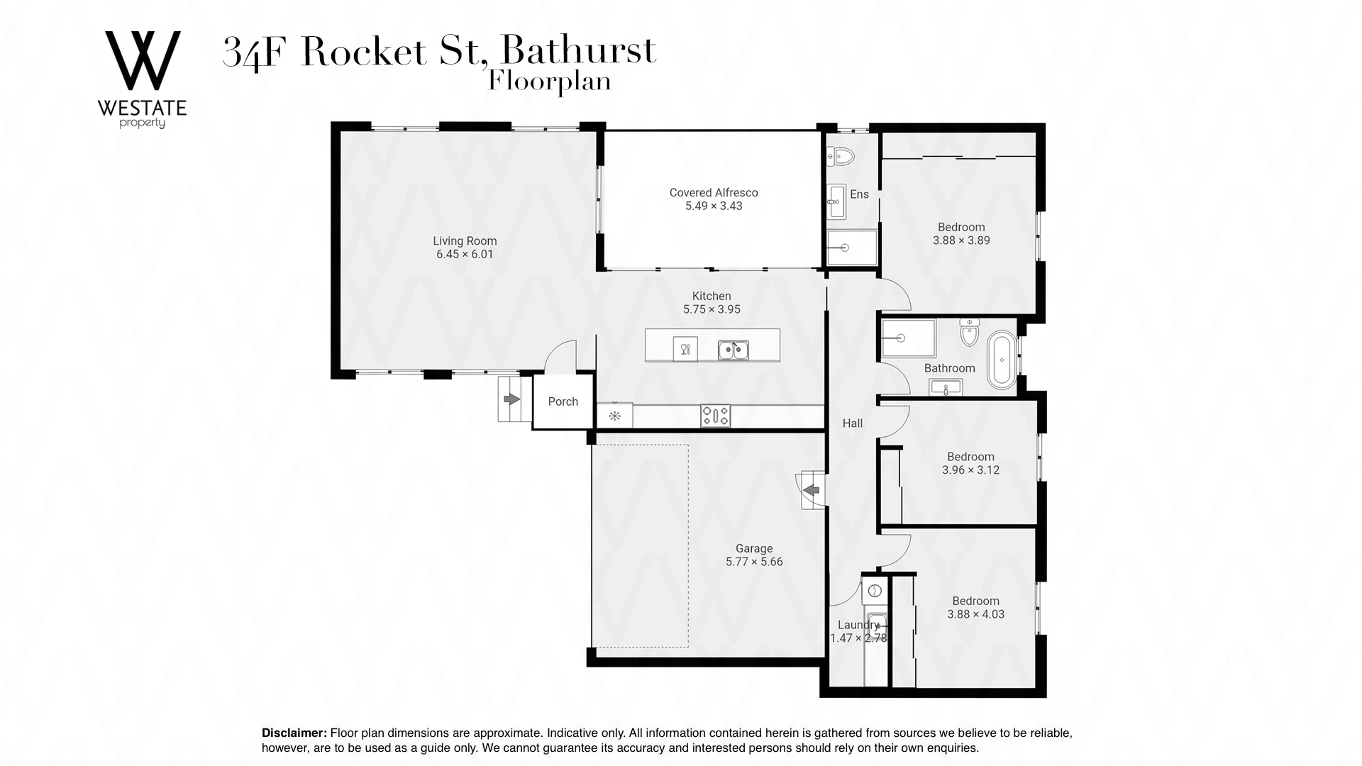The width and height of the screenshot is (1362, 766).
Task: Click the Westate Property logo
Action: click(x=143, y=78)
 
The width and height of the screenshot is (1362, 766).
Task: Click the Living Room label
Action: click(x=465, y=241)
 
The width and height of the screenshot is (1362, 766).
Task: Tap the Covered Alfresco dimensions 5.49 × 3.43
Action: click(x=713, y=206)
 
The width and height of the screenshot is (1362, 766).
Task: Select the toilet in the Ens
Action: click(x=841, y=156)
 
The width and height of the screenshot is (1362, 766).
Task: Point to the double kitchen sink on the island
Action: click(x=733, y=350)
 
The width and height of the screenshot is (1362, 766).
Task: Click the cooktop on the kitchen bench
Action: click(x=715, y=416)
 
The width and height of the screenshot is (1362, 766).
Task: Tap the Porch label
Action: click(x=563, y=401)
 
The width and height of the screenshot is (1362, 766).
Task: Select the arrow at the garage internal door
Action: click(x=812, y=490)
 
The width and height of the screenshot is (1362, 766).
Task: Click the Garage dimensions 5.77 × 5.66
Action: click(x=753, y=562)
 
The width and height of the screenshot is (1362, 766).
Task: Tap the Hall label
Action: click(x=852, y=423)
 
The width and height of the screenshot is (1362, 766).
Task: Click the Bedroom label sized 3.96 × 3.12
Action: click(x=970, y=457)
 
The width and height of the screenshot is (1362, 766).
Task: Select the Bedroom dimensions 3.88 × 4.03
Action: click(x=975, y=614)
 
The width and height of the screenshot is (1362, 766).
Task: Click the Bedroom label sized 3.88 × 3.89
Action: click(x=961, y=227)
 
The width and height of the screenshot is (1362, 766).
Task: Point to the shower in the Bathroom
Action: click(x=907, y=338)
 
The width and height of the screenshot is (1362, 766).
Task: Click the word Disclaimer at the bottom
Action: click(x=294, y=733)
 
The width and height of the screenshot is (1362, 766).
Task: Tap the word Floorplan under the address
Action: click(x=549, y=82)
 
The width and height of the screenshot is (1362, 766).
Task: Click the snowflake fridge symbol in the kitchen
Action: click(x=614, y=416)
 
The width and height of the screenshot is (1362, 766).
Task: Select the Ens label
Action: click(x=859, y=194)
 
